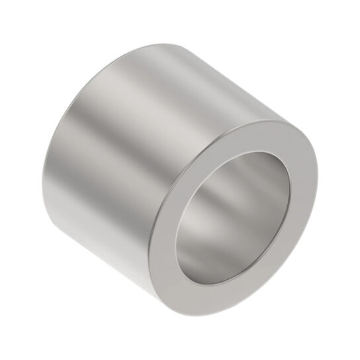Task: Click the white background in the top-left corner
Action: tap(20, 20)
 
